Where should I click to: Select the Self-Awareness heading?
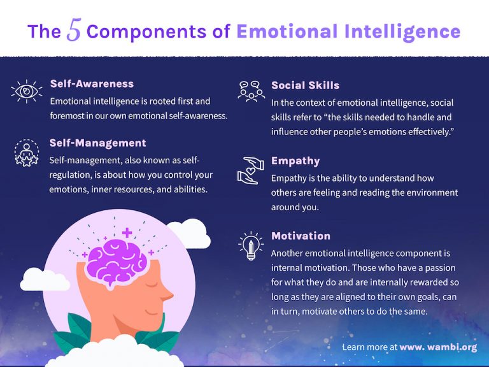pos(92,83)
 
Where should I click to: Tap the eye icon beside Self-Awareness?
pos(26,91)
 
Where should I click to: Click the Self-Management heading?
pos(97,143)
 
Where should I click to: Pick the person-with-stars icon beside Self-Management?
pos(26,152)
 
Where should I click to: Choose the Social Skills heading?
pos(305,85)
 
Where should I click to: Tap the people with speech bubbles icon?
pos(251,91)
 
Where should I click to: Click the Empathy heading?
pos(295,161)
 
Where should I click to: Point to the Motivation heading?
pos(301,236)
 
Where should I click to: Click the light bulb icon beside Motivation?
pos(250,245)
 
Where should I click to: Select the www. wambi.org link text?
pos(438,347)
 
